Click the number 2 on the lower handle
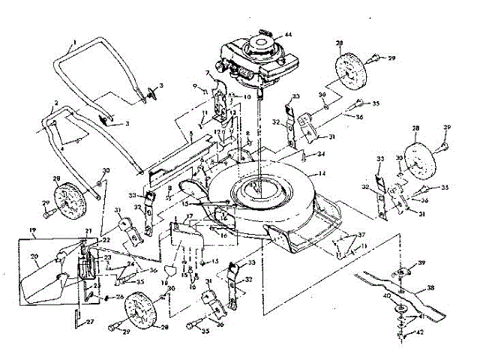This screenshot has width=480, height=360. [x=55, y=103]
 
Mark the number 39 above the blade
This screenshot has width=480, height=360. [x=422, y=262]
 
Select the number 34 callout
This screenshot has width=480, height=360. [x=320, y=154]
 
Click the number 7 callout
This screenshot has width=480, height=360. [x=208, y=73]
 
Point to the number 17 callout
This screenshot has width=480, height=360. [x=190, y=217]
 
